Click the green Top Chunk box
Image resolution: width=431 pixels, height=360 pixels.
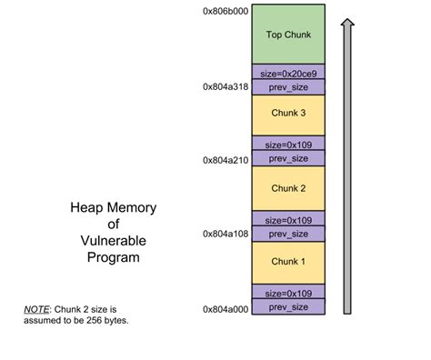pos(287,35)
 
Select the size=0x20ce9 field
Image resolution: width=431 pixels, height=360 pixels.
pos(287,72)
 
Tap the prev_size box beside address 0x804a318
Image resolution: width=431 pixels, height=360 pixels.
pos(287,86)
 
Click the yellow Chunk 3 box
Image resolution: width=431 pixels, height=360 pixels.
pos(287,115)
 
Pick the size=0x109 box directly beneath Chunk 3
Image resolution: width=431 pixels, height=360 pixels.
pos(287,145)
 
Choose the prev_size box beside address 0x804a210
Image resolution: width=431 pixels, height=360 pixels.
pos(287,159)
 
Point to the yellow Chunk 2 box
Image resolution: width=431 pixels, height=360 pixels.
pos(287,188)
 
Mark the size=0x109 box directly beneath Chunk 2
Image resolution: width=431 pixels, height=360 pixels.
pos(287,220)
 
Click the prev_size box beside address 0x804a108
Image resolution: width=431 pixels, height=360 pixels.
pos(287,234)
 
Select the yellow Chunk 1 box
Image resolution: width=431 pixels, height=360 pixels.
pos(287,262)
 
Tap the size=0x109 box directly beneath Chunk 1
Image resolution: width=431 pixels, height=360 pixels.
pos(287,294)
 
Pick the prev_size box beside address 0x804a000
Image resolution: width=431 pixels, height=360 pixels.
pos(287,308)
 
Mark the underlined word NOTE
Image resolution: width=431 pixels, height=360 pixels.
pos(35,309)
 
